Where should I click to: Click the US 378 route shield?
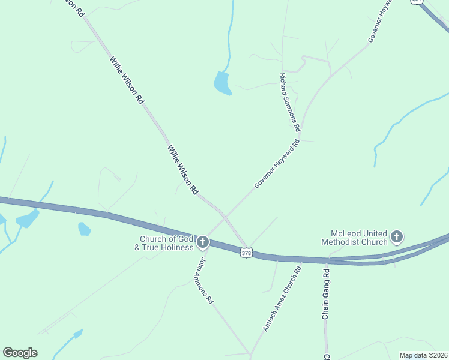coord(246,253)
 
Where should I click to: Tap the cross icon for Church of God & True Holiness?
coord(203,242)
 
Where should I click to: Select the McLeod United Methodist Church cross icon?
coord(396,238)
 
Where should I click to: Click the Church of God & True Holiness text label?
coord(164,243)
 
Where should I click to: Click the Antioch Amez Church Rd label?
coord(282,298)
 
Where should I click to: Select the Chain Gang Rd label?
coord(326,294)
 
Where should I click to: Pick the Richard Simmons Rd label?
coord(289,103)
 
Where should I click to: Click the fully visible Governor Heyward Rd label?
coord(276,164)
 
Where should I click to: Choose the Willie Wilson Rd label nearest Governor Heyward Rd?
coord(182,169)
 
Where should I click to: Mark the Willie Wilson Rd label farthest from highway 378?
coord(126,80)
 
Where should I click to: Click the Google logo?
coord(20,353)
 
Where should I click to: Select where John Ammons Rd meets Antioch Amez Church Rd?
coord(249,353)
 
